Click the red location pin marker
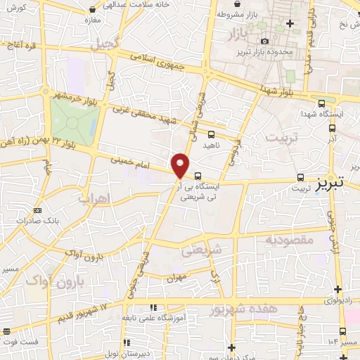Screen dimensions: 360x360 coord(181,165)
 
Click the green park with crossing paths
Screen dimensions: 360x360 coord(74,120)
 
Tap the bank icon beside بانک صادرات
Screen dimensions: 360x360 coord(37,210)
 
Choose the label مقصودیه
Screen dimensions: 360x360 coord(288,240)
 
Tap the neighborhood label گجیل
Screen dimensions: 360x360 coord(105,44)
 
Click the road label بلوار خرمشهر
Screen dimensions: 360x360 coord(82,101)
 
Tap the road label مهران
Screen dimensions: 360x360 coord(176,278)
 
